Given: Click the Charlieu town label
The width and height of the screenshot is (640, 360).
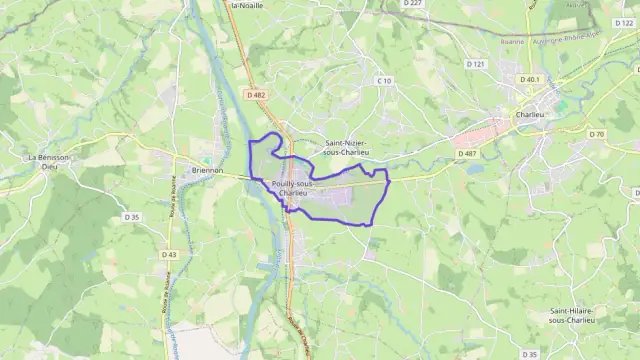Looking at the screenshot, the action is [545, 113].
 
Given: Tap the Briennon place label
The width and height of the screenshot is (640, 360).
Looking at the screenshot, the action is [203, 170].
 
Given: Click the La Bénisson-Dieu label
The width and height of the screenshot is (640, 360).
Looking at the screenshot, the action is [48, 163].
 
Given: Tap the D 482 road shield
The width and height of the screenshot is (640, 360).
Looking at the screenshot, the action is [258, 95].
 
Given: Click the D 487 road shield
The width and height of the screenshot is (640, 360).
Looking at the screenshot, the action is [466, 153].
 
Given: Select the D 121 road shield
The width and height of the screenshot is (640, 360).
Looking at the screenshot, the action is [476, 65].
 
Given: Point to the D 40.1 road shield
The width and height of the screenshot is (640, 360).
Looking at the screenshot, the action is [529, 78].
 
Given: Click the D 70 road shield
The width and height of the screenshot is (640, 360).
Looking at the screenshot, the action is [597, 134].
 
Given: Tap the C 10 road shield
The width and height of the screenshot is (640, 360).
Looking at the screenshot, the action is [384, 80].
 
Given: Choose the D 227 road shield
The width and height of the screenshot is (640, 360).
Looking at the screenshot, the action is [413, 4].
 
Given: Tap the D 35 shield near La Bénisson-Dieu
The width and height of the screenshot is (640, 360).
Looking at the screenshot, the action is [131, 216].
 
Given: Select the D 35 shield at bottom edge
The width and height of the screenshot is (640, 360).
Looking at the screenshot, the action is [529, 354].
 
